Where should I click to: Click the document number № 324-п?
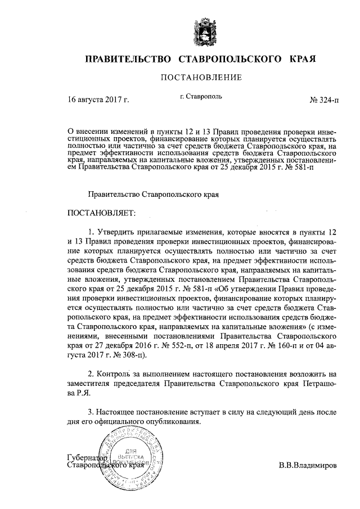point(325,100)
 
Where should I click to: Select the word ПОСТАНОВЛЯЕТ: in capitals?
point(102,214)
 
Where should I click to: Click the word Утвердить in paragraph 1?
point(116,232)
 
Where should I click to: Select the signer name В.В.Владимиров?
point(308,466)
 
